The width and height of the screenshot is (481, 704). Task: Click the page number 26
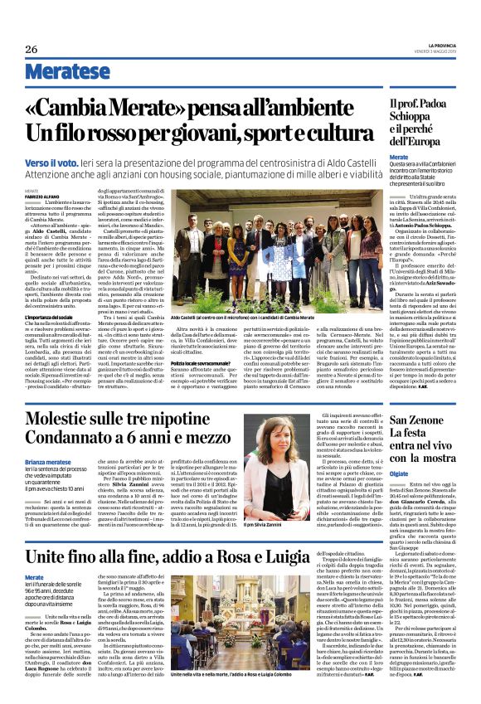(32, 50)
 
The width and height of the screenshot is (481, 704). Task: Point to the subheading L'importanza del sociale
(51, 294)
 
